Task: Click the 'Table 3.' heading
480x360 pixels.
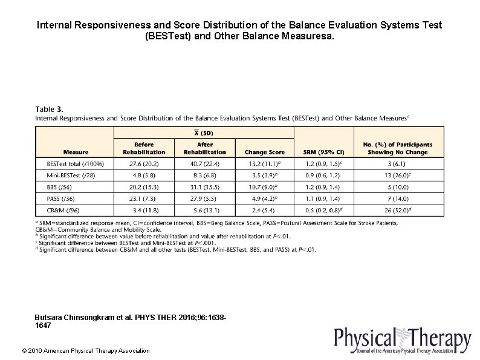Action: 49,109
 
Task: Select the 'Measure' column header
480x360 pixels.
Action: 76,152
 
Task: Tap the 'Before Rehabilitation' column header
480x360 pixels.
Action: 144,148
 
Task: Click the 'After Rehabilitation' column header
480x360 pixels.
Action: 205,148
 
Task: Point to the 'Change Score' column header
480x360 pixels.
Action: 264,152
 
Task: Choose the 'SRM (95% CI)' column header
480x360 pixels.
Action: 323,152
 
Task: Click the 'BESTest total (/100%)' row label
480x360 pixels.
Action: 75,163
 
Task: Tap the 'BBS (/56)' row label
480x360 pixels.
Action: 60,187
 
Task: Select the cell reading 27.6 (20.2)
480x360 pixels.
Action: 144,163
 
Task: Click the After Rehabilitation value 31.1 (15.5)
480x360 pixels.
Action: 205,187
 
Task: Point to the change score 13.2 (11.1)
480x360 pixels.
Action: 264,163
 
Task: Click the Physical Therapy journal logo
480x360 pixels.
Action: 402,340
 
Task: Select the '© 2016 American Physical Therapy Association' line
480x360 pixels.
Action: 85,351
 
